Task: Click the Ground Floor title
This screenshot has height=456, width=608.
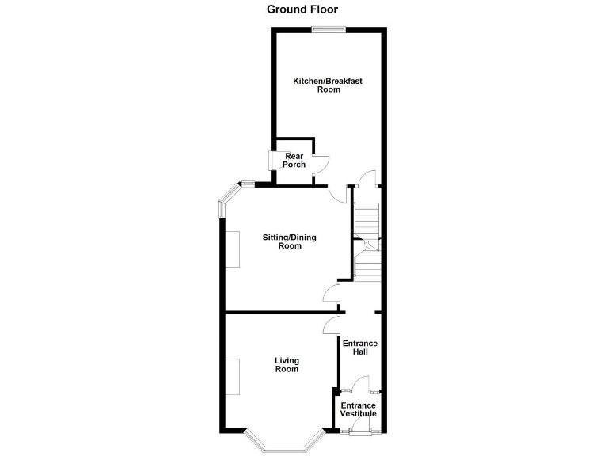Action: tap(303, 9)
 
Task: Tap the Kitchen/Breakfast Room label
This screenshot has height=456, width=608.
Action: tap(329, 85)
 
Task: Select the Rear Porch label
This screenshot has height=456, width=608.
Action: tap(294, 160)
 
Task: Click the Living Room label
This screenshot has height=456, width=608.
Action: tap(287, 365)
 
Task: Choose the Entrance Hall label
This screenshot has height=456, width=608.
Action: tap(359, 347)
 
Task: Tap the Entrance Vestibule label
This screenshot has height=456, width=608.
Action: tap(358, 409)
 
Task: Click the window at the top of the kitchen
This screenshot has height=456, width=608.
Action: tap(329, 30)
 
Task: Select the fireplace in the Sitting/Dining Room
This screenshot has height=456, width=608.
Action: tap(234, 249)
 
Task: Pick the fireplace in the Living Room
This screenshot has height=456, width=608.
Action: tap(234, 377)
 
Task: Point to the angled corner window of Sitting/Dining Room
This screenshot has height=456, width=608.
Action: tap(230, 198)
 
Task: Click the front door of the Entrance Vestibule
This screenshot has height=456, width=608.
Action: tap(360, 431)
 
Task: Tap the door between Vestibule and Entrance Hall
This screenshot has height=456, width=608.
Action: tap(360, 386)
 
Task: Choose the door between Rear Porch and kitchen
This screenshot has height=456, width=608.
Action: tap(320, 164)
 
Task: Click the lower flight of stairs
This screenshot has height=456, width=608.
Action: tap(367, 264)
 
